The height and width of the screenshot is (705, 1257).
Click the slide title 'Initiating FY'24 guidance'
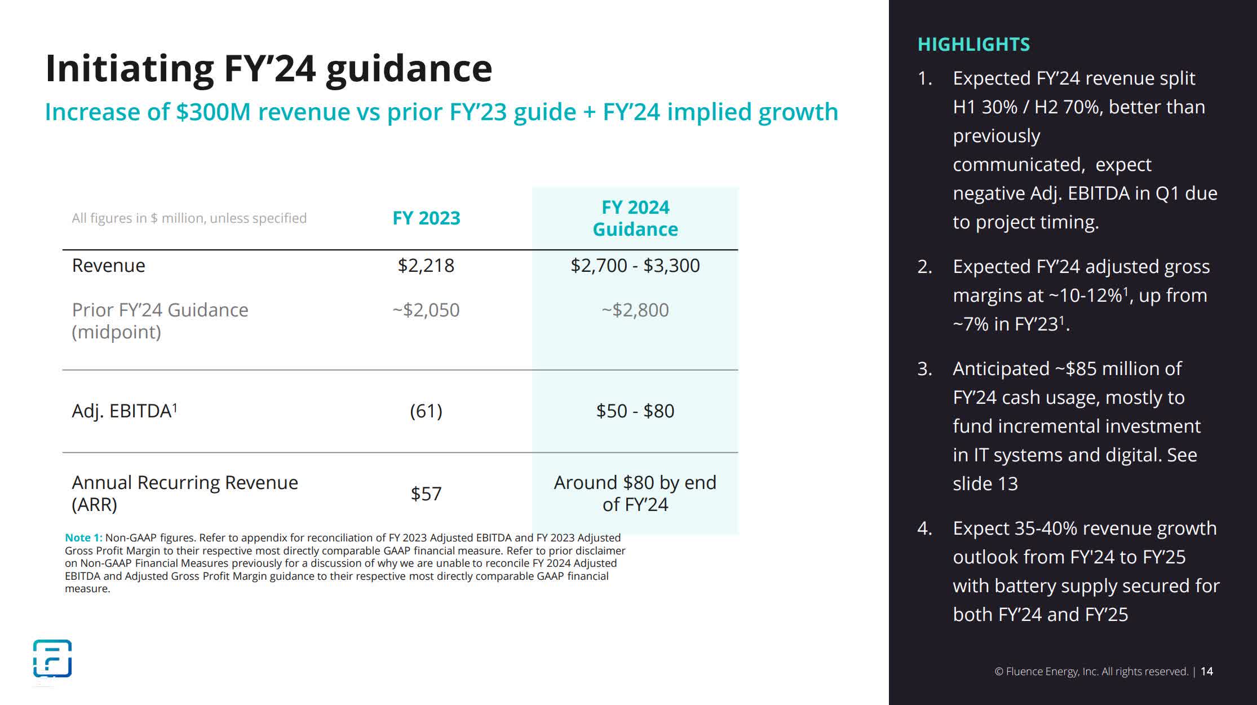[268, 69]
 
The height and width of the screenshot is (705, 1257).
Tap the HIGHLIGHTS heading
[973, 45]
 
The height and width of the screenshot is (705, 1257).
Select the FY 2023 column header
[426, 218]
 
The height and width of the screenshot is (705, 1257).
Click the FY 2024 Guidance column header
[635, 218]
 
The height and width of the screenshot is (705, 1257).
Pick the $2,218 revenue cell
[426, 266]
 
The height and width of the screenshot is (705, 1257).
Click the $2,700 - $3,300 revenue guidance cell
[635, 266]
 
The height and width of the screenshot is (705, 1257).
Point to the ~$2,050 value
[426, 310]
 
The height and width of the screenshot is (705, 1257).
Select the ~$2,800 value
[635, 310]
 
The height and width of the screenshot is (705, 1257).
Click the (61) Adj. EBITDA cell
[426, 411]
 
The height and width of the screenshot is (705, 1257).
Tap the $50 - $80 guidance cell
[635, 411]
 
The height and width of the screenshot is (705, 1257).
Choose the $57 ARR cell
[426, 494]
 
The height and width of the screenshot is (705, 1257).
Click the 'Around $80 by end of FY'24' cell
[635, 493]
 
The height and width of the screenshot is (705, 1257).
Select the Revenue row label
[108, 266]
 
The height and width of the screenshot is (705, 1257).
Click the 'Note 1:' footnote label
[83, 538]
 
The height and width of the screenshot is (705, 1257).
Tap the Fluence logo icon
[52, 658]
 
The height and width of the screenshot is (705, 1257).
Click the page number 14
[1207, 672]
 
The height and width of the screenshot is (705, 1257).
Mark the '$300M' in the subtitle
[213, 112]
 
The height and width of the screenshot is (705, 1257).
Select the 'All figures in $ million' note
[189, 218]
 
